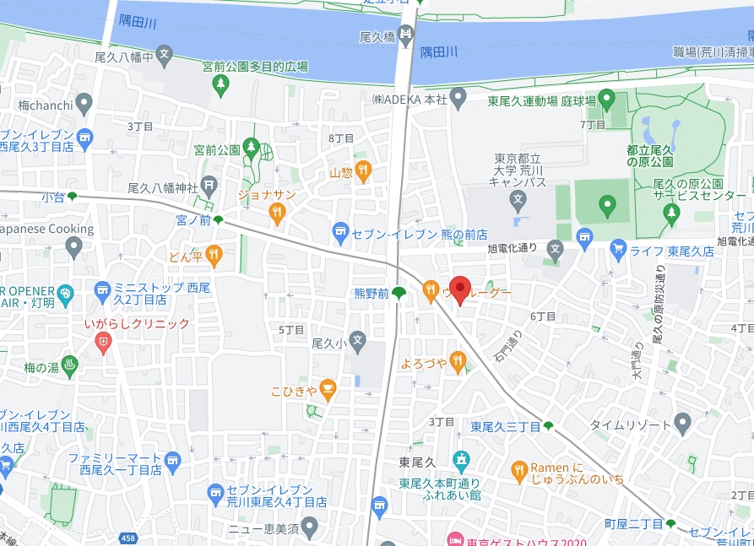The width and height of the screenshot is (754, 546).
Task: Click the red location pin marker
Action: click(459, 289)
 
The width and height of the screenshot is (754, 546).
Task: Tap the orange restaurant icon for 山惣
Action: click(363, 171)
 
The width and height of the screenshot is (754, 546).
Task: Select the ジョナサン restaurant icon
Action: click(276, 214)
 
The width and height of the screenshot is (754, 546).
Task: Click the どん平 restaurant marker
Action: click(214, 252)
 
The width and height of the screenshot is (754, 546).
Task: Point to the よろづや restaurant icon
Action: click(458, 362)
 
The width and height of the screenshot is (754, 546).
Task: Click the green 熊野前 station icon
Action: click(399, 293)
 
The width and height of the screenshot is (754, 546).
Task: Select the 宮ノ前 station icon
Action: click(219, 220)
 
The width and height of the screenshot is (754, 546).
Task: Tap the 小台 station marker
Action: click(73, 196)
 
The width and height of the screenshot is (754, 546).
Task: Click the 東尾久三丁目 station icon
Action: click(549, 425)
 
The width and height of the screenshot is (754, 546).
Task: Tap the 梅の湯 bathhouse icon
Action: click(72, 366)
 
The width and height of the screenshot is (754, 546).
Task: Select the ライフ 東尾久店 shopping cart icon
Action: click(618, 250)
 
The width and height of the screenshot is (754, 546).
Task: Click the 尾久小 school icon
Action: click(358, 343)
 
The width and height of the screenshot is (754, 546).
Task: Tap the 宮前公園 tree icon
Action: click(252, 147)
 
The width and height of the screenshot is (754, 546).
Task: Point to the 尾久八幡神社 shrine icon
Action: click(208, 187)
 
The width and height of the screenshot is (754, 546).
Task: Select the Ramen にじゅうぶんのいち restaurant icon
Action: click(519, 469)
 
